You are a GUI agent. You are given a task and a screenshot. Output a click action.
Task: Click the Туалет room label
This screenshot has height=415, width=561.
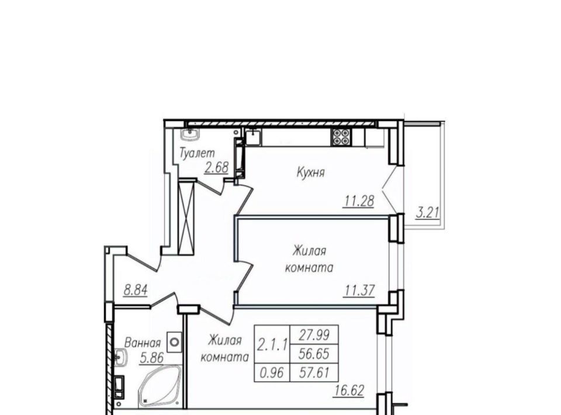197,153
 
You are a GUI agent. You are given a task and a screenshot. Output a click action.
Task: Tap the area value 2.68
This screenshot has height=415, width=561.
216,167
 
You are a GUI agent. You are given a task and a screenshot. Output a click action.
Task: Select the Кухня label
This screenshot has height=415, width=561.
310,172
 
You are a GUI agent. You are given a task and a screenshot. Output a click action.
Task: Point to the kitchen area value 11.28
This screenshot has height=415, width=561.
359,202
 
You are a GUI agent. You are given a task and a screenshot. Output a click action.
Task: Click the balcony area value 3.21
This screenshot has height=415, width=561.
427,213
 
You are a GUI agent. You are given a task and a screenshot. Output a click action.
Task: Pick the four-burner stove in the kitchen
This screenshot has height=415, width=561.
341,137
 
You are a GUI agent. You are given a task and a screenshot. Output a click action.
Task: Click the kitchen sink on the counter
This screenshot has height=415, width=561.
254,137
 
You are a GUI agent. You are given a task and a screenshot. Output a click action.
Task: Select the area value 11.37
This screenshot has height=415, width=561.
359,290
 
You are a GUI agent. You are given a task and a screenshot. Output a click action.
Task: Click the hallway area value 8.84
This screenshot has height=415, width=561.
136,290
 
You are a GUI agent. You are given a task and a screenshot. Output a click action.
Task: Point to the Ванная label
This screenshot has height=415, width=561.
143,343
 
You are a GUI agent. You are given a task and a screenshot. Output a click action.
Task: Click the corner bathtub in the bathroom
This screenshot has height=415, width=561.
160,386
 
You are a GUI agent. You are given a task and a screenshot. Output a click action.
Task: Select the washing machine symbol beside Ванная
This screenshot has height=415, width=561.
174,343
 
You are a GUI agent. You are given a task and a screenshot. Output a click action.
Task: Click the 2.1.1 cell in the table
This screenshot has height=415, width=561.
273,345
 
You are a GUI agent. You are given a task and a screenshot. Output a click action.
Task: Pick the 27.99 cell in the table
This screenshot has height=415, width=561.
314,334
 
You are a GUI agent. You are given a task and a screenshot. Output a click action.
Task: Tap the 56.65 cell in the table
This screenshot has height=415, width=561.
314,354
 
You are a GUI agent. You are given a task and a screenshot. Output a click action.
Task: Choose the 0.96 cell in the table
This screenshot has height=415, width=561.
272,373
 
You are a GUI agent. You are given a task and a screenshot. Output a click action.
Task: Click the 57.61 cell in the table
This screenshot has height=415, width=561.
314,373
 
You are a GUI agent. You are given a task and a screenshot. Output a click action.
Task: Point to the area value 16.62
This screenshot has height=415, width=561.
349,390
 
